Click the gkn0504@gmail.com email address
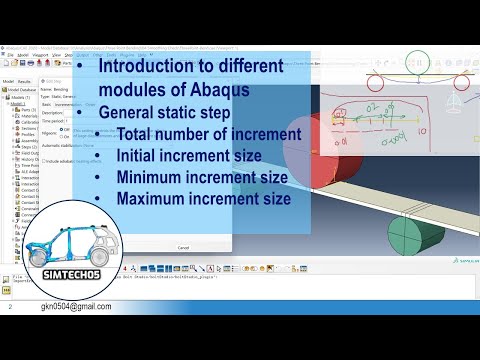click(x=76, y=308)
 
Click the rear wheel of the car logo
click(x=41, y=255)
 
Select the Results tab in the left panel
click(x=25, y=82)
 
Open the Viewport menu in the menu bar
click(x=43, y=54)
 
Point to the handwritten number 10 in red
click(x=423, y=130)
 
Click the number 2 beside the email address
click(x=8, y=308)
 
